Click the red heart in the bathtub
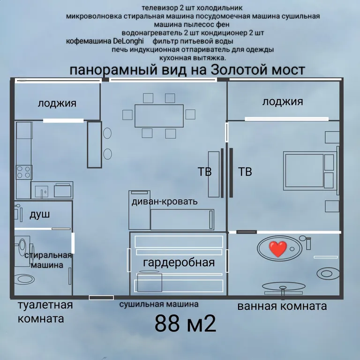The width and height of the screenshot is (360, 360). pyautogui.click(x=277, y=248)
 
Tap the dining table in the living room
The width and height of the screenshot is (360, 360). pyautogui.click(x=159, y=115)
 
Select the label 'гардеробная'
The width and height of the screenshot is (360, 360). pyautogui.click(x=179, y=262)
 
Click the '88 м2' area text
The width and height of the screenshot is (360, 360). pyautogui.click(x=185, y=323)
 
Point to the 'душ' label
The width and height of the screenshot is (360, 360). pyautogui.click(x=39, y=215)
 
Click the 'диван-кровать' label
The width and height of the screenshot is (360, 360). pyautogui.click(x=165, y=202)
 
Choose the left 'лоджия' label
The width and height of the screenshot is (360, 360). pyautogui.click(x=57, y=104)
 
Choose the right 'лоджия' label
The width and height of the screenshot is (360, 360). pyautogui.click(x=283, y=102)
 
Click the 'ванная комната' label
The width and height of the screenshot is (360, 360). pyautogui.click(x=282, y=307)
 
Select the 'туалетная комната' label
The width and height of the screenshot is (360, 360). pyautogui.click(x=45, y=312)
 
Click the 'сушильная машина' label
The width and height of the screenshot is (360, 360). pyautogui.click(x=158, y=305)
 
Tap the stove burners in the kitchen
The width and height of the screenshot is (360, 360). pyautogui.click(x=24, y=172)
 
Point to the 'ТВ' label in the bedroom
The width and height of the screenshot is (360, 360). pyautogui.click(x=245, y=172)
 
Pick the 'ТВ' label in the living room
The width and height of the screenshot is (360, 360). pyautogui.click(x=204, y=172)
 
